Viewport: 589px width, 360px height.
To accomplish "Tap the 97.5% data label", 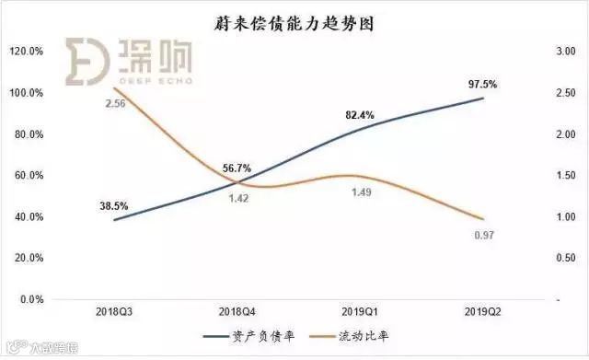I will [x=482, y=84].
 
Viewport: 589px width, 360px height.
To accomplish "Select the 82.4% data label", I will [x=360, y=115].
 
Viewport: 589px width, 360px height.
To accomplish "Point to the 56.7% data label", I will [x=237, y=168].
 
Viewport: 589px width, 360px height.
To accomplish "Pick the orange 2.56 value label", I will [x=116, y=104].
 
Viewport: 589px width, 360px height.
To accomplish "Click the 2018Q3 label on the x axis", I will [x=113, y=313].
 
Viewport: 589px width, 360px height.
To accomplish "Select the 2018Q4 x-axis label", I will [x=237, y=313].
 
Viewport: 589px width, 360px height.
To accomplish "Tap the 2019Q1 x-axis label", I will [x=360, y=313].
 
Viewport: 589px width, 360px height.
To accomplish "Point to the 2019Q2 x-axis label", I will [x=483, y=313].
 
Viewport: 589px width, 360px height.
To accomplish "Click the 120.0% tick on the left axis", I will [x=27, y=52].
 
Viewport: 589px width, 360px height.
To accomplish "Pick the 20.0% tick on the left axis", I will [x=29, y=259].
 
